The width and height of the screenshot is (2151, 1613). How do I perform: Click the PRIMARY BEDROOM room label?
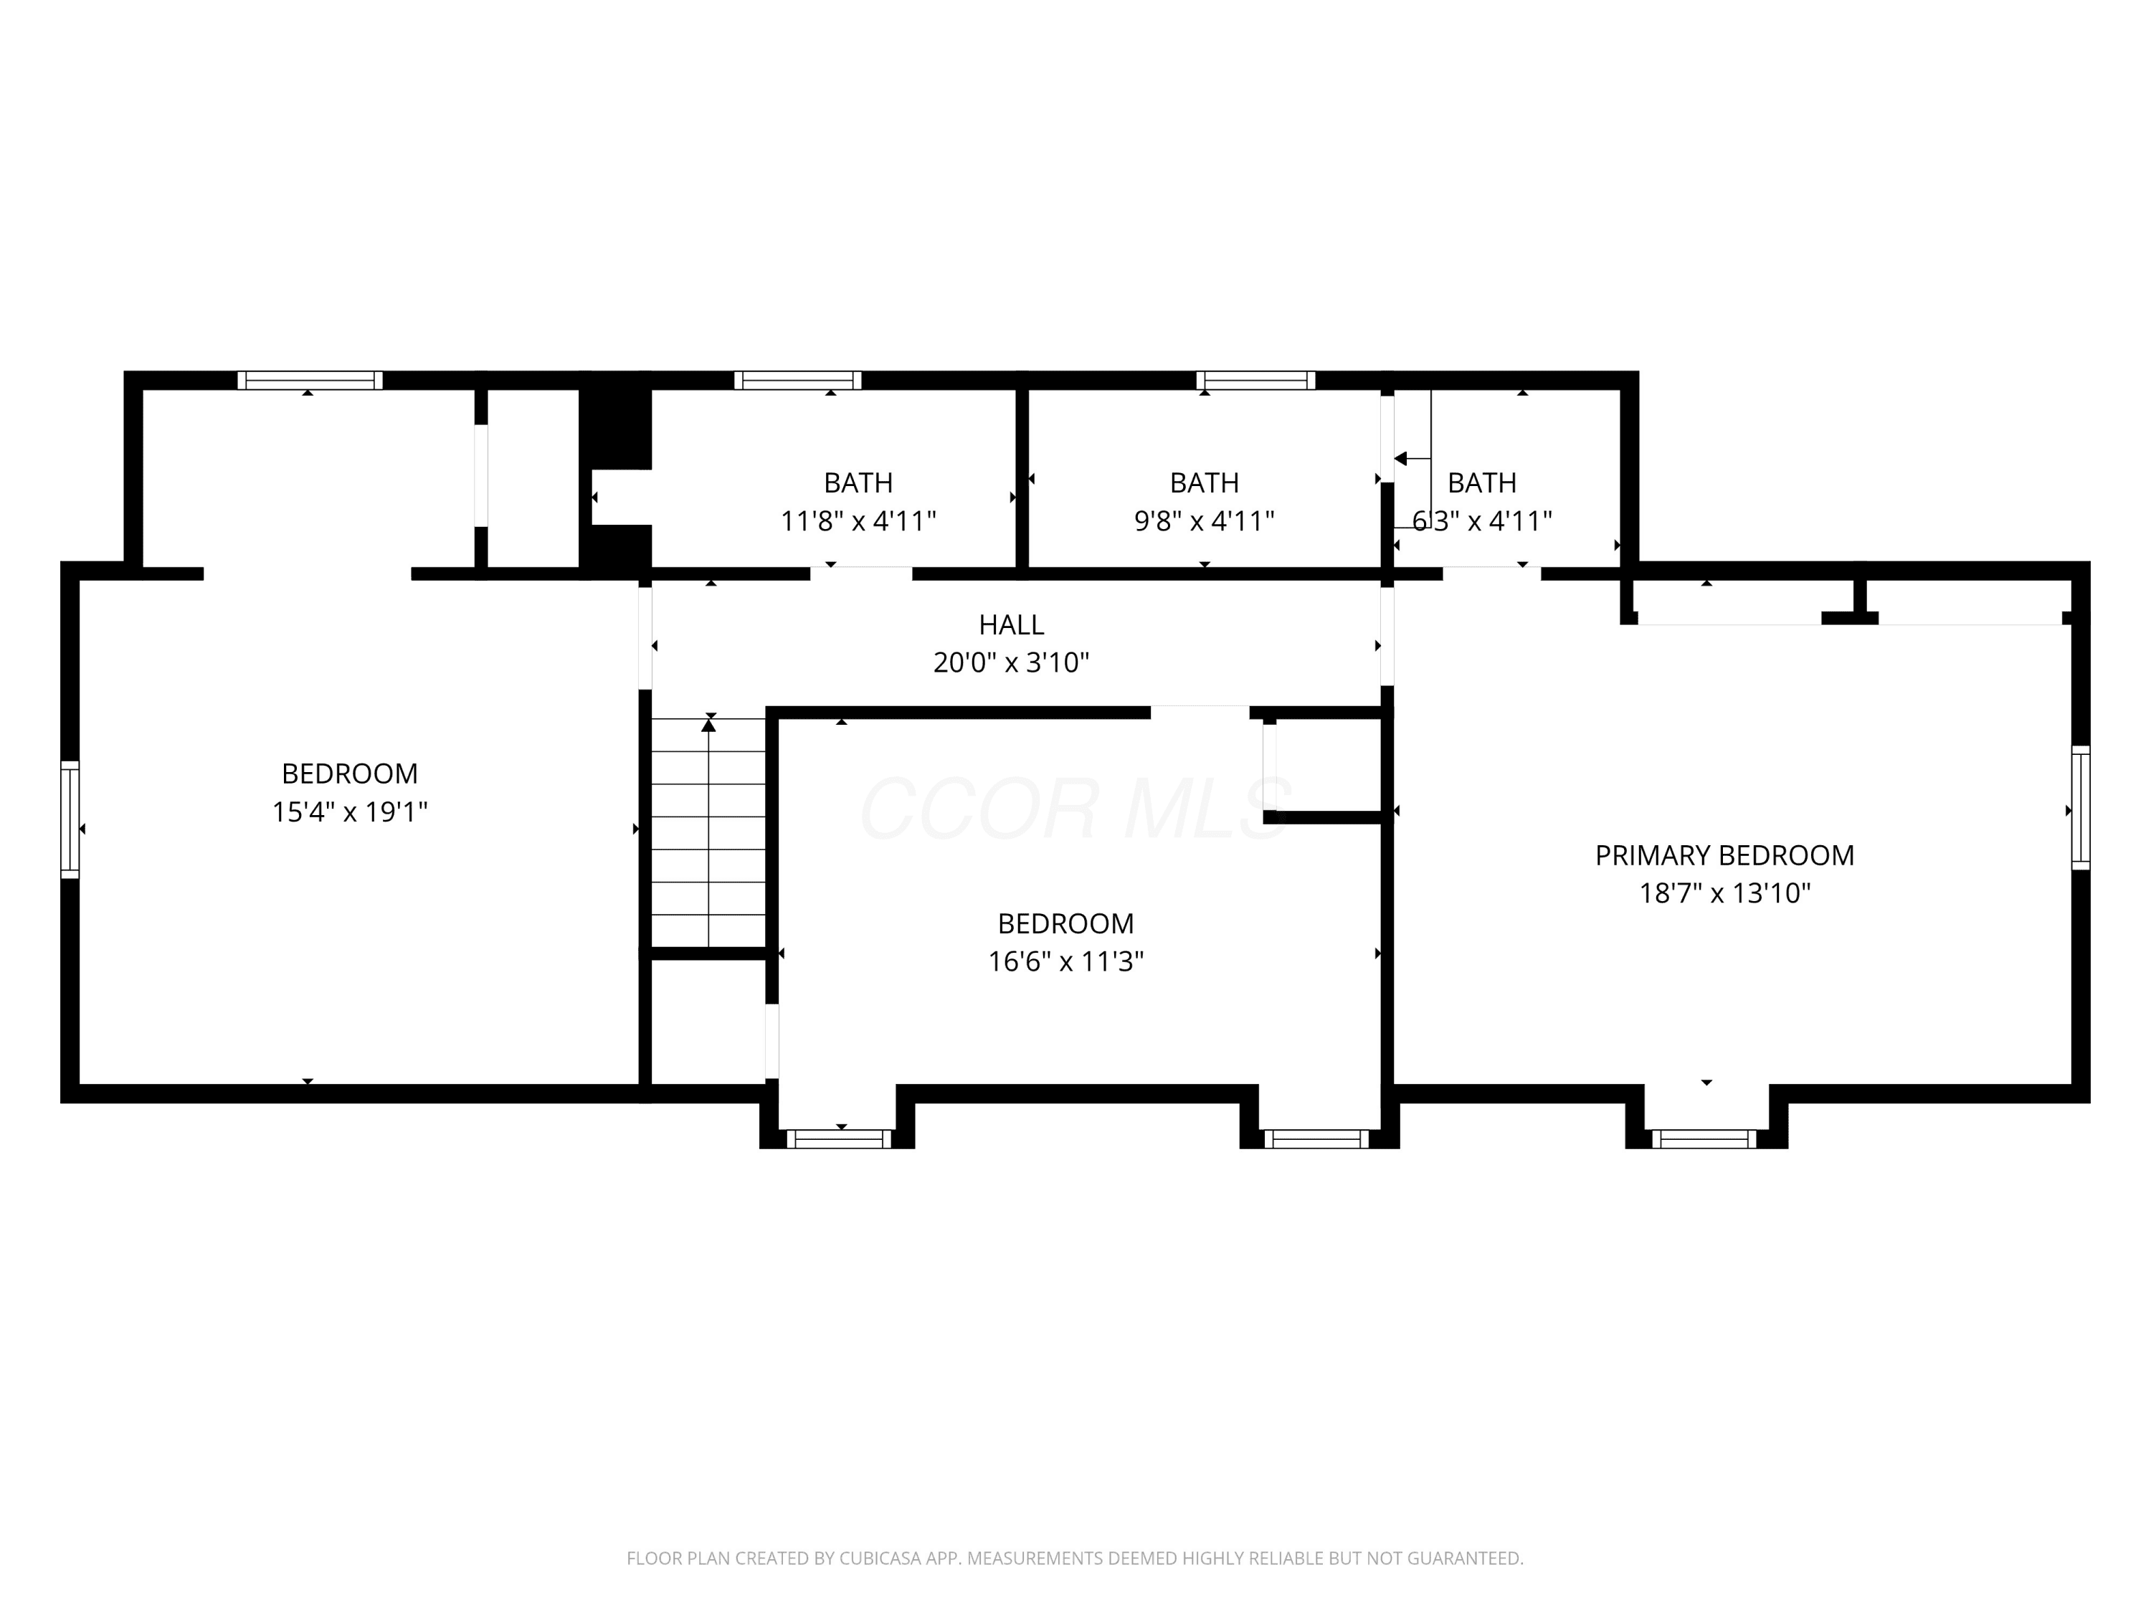pyautogui.click(x=1724, y=855)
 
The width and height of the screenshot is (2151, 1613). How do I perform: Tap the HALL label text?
pyautogui.click(x=1011, y=624)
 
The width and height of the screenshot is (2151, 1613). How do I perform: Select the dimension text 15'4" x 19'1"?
pyautogui.click(x=350, y=812)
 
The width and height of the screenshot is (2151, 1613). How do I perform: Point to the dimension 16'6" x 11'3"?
pyautogui.click(x=1065, y=961)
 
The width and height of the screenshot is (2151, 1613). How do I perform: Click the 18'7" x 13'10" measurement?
pyautogui.click(x=1725, y=893)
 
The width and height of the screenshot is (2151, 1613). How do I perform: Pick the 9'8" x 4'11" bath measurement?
pyautogui.click(x=1204, y=521)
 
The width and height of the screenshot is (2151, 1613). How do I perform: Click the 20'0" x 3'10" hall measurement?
pyautogui.click(x=1011, y=663)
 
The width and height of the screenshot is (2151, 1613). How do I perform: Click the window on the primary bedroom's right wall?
pyautogui.click(x=2081, y=807)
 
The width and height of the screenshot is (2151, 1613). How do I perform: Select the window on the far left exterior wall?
pyautogui.click(x=70, y=819)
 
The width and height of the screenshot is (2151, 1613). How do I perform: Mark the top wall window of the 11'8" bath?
pyautogui.click(x=797, y=380)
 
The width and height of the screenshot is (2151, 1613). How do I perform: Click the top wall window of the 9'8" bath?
pyautogui.click(x=1255, y=380)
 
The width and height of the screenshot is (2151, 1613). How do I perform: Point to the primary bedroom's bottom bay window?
pyautogui.click(x=1704, y=1138)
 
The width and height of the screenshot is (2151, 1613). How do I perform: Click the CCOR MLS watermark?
pyautogui.click(x=1075, y=808)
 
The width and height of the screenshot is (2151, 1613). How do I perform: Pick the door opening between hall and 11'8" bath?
pyautogui.click(x=862, y=574)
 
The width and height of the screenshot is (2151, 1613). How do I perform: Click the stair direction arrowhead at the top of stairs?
pyautogui.click(x=709, y=724)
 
